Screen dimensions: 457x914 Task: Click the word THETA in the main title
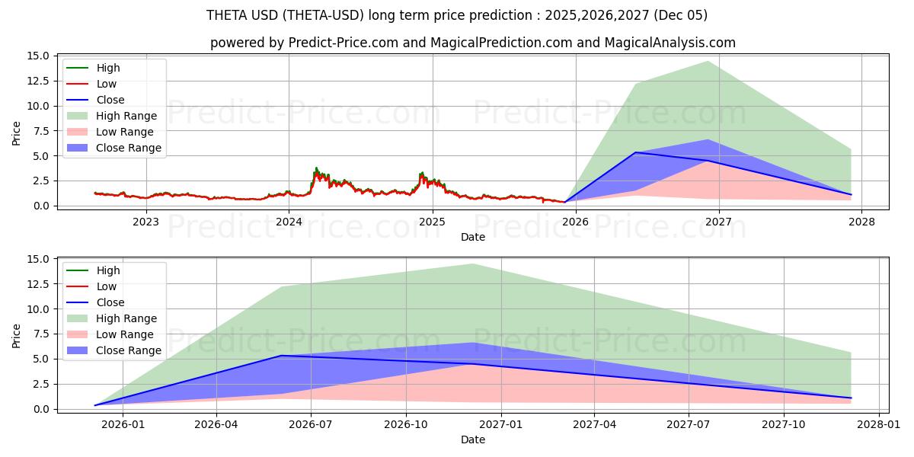click(x=225, y=15)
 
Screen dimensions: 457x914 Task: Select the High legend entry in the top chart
click(x=107, y=68)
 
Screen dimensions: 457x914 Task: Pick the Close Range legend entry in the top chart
click(x=128, y=148)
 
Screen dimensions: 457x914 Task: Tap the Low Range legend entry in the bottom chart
click(x=125, y=334)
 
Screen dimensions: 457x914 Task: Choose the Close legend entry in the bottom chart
click(x=110, y=302)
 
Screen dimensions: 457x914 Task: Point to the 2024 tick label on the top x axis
click(x=289, y=222)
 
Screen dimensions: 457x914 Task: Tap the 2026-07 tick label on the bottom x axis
click(x=312, y=425)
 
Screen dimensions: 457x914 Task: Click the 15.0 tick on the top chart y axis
click(x=39, y=56)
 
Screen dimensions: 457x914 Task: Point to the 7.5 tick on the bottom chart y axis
click(x=42, y=334)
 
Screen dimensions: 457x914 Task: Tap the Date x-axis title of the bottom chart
click(x=472, y=439)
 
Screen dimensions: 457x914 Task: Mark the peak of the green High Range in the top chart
click(x=708, y=62)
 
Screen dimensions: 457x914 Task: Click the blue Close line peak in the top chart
click(x=635, y=152)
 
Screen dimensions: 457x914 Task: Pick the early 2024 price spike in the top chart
click(x=316, y=169)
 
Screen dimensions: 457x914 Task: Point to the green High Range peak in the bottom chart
click(x=472, y=264)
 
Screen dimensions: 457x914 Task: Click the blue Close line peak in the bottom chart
click(x=281, y=356)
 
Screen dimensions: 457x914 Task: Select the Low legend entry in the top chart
click(x=107, y=84)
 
